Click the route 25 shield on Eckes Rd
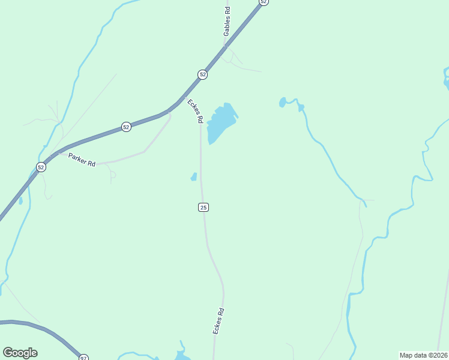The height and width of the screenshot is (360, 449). tap(203, 207)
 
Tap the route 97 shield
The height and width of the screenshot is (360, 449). tap(83, 358)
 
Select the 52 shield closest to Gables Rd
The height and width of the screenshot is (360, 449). tap(203, 74)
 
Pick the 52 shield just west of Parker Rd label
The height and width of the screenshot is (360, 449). tap(41, 167)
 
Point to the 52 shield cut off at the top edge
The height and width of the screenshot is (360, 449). tap(263, 2)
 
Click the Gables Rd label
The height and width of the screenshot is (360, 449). tap(227, 22)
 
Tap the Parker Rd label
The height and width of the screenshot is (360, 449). tap(82, 160)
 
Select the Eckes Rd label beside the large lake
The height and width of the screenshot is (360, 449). tap(195, 111)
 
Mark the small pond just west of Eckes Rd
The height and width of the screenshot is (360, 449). tap(194, 176)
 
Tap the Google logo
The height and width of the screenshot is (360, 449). tap(20, 353)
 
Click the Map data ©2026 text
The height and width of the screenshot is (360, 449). tap(424, 355)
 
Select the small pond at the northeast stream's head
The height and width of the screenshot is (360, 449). tap(283, 103)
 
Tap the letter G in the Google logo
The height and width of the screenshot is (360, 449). tap(8, 353)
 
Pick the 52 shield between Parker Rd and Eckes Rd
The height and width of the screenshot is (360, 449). tap(126, 127)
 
